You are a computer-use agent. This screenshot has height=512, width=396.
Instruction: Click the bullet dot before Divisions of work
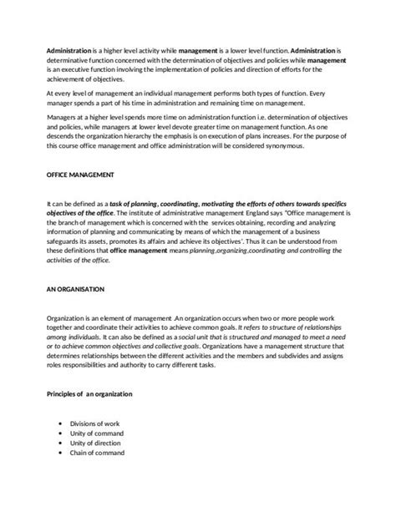63,423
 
